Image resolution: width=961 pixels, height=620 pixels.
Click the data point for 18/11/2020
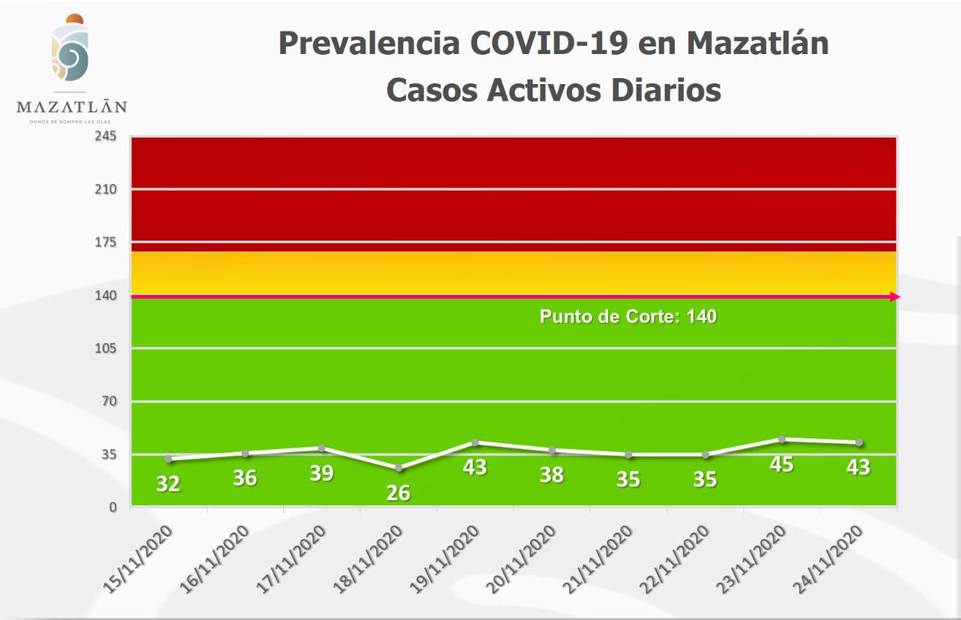399,468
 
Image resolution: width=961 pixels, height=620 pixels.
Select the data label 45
782,464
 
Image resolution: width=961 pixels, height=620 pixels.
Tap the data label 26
399,493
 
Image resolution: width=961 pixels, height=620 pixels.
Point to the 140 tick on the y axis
105,296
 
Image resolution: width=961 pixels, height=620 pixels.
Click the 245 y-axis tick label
105,137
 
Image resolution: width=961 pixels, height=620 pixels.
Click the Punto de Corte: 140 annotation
628,317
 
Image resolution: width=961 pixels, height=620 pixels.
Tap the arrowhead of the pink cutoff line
895,297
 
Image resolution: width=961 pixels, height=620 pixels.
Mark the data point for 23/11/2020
782,439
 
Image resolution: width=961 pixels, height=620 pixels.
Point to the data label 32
168,484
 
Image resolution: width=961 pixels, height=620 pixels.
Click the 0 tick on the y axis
113,507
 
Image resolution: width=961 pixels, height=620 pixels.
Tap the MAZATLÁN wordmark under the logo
71,107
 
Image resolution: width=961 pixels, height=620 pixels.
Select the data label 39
321,474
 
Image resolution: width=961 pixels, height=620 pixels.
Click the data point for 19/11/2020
475,442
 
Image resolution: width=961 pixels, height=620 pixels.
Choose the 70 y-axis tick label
109,402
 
